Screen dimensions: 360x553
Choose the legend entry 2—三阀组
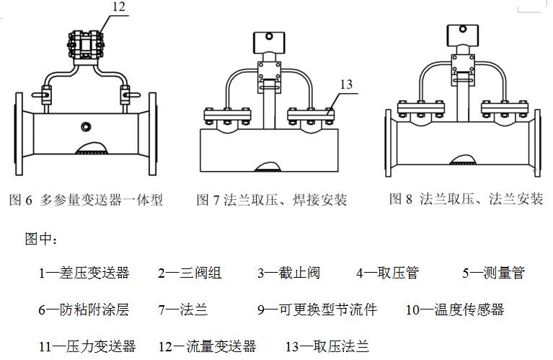[x=190, y=273]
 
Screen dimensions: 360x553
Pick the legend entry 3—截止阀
[x=288, y=273]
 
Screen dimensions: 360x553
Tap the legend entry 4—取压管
[x=387, y=273]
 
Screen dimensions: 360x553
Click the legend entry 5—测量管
[x=493, y=273]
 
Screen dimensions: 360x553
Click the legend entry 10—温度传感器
[x=454, y=309]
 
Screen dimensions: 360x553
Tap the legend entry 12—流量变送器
[x=207, y=346]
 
